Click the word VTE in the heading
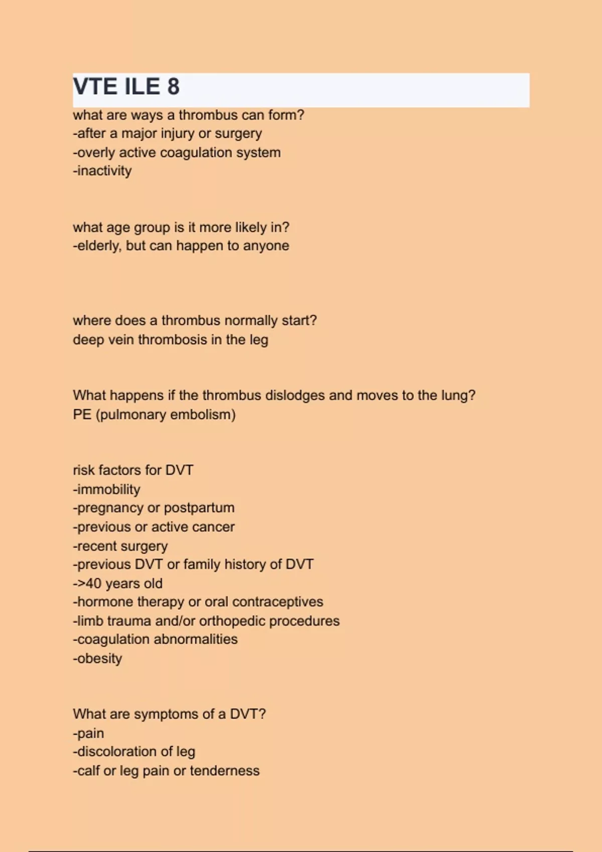95,87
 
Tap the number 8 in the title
173,87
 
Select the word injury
177,134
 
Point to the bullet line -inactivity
102,171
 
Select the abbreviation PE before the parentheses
82,415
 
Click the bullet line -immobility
107,489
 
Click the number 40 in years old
94,584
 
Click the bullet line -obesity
98,659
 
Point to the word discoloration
117,752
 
